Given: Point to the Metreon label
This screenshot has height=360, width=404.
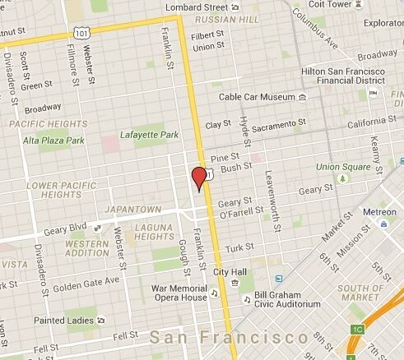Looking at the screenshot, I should [x=380, y=211].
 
